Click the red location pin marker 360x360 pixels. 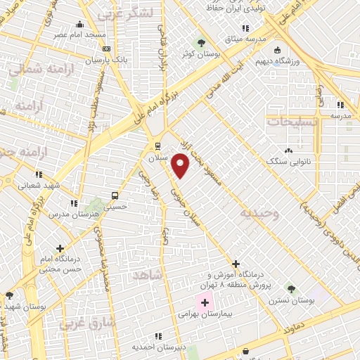coord(181,165)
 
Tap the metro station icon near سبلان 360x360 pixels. coord(157,147)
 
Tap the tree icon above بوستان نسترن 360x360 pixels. coord(291,288)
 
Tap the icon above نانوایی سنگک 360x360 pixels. coord(288,150)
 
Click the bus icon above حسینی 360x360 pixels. coord(114,196)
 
